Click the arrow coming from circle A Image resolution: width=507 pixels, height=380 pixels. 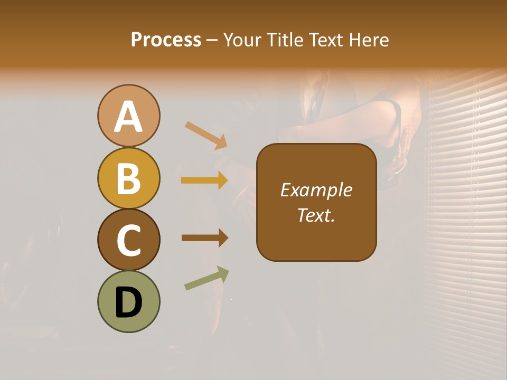tap(206, 135)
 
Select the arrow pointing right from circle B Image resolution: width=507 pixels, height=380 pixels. tap(204, 180)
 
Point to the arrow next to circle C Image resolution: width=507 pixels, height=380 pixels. tap(204, 238)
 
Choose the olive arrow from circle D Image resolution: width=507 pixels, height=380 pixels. tap(206, 278)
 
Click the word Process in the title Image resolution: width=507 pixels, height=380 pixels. tap(166, 40)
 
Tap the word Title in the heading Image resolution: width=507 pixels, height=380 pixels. tap(285, 40)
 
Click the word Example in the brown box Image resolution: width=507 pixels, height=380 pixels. tap(316, 190)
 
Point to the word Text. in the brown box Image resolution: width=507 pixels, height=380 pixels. tap(316, 215)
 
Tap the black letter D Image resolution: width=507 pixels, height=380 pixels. tap(128, 303)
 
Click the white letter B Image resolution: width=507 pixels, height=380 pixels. tap(128, 178)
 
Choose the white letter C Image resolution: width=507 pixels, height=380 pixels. tap(128, 240)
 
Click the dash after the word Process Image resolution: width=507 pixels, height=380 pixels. tap(211, 40)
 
